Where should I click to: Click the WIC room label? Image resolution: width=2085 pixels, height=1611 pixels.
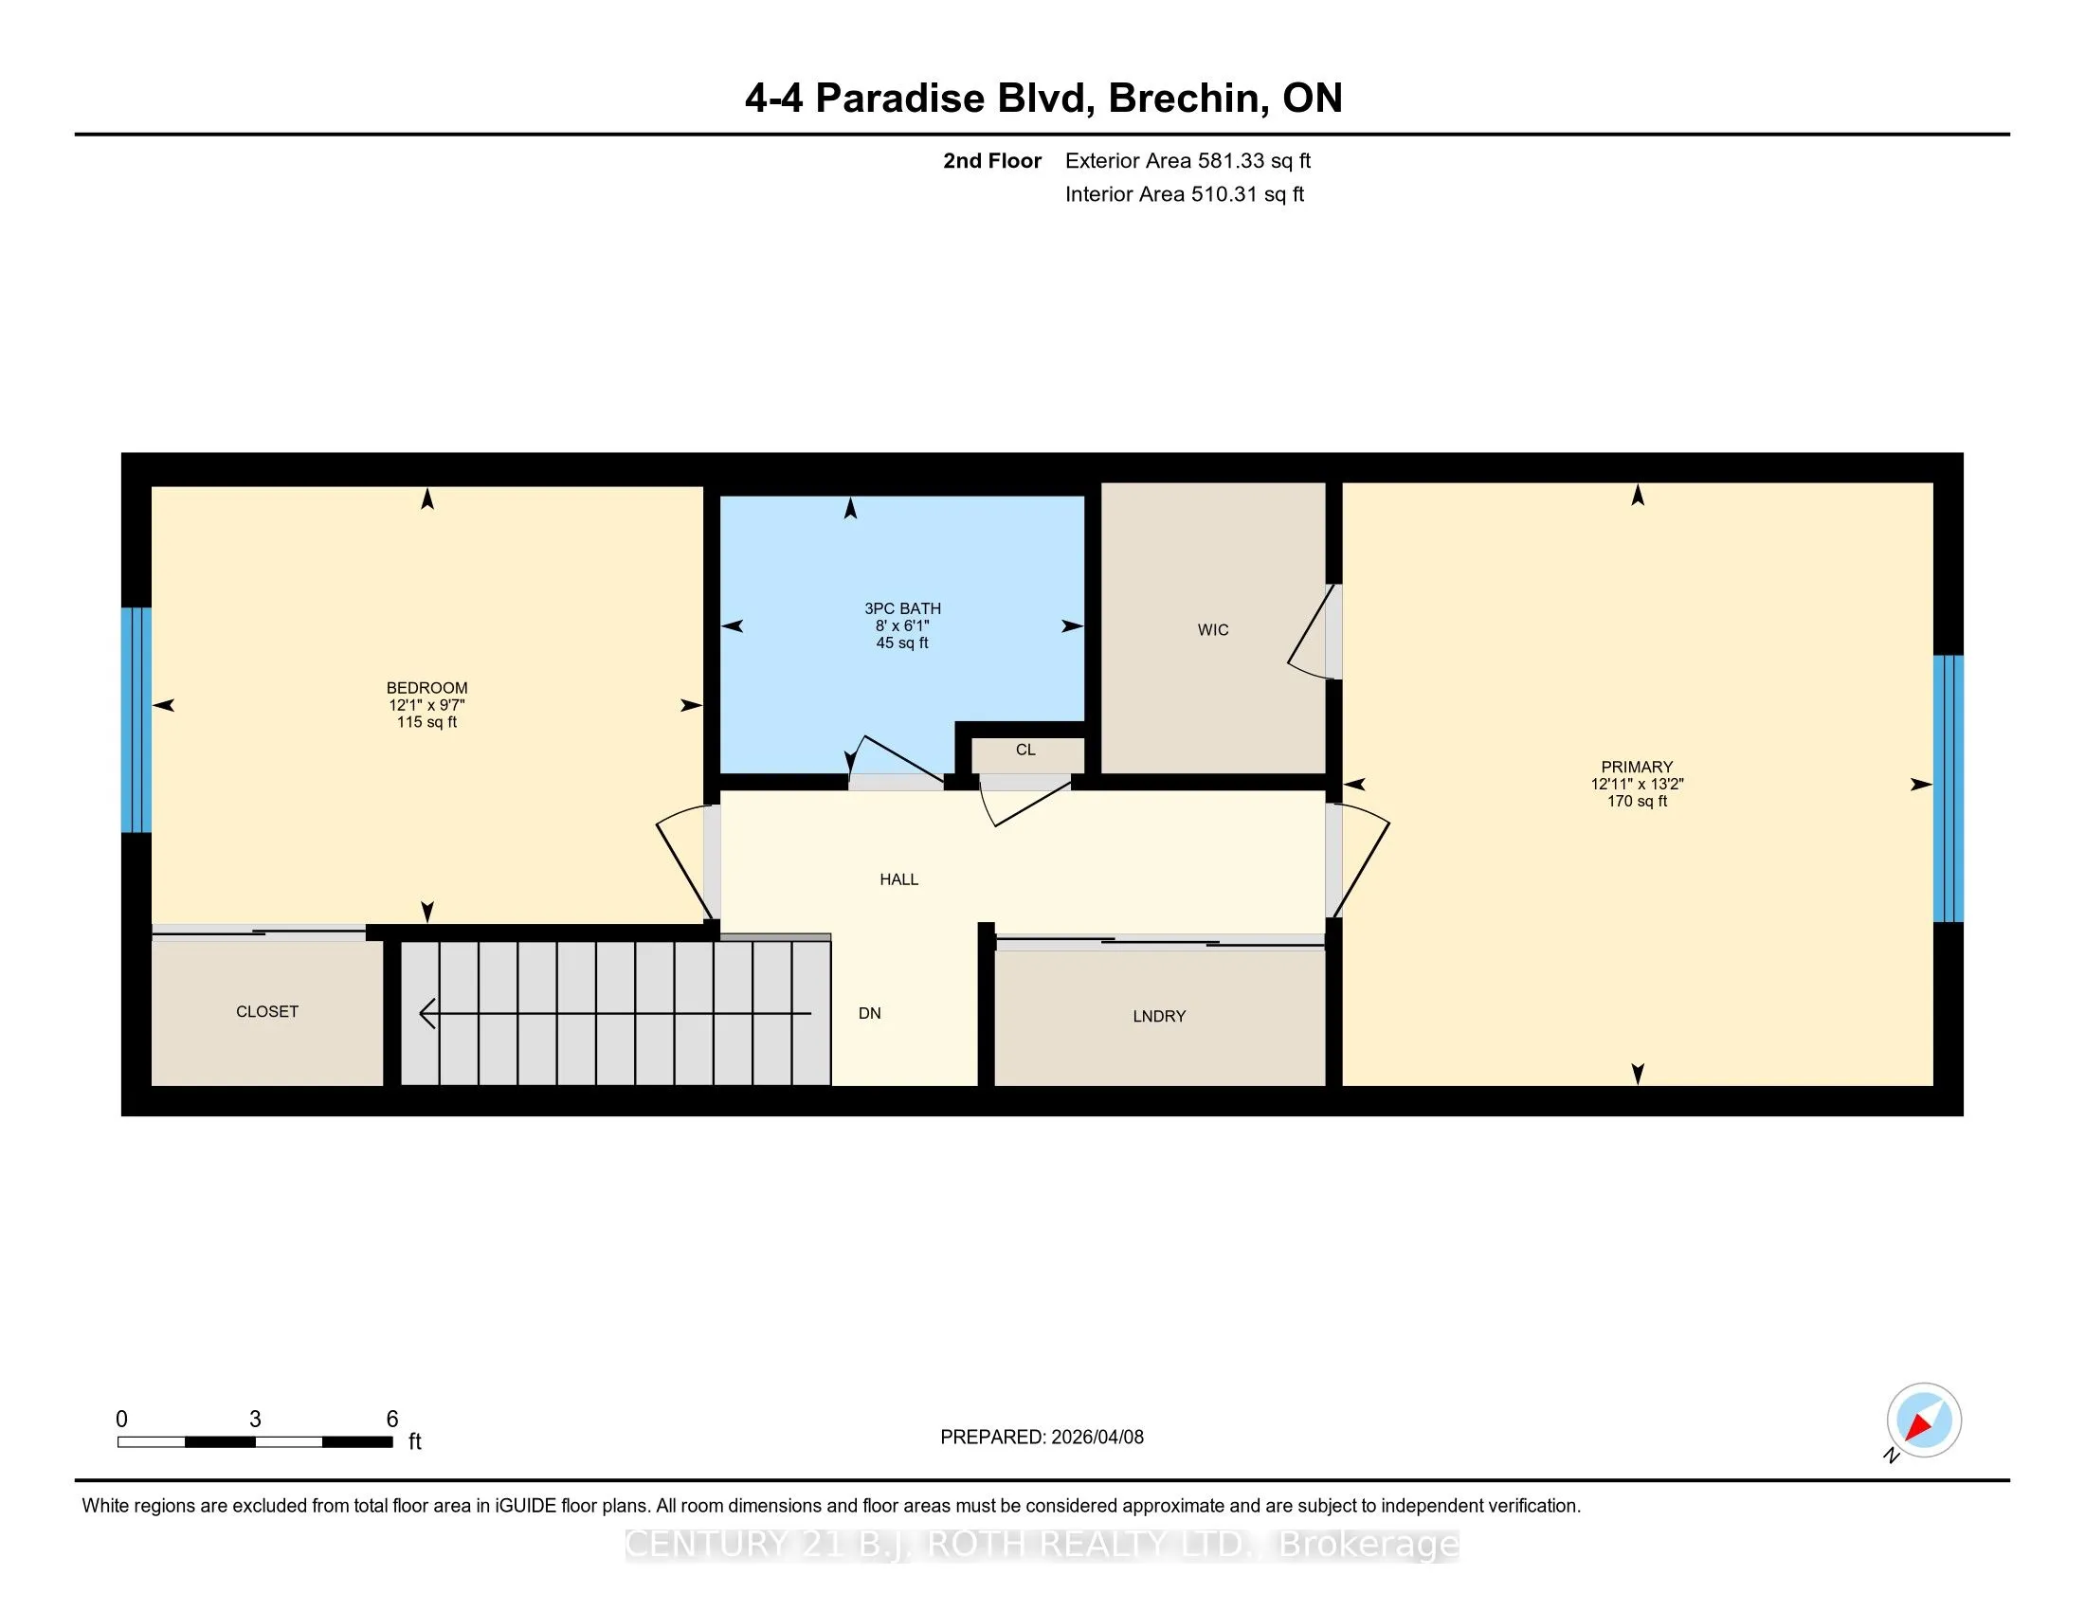click(x=1212, y=630)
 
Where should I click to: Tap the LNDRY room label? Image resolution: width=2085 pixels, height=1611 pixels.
click(x=1159, y=1017)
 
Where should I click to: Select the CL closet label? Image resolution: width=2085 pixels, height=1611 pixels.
click(x=1025, y=751)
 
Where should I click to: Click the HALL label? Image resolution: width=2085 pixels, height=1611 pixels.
click(x=898, y=880)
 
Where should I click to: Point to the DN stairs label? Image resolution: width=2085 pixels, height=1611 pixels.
click(x=869, y=1014)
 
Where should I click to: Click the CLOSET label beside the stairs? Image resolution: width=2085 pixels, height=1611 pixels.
click(x=267, y=1012)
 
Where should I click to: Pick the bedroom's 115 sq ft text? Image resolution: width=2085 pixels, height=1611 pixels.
click(x=426, y=722)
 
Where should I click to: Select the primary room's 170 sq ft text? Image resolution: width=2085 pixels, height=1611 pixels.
click(x=1637, y=802)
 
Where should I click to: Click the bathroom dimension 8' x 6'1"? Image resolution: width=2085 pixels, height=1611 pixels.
click(x=902, y=626)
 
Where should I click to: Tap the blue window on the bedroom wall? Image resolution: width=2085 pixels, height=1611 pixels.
click(x=136, y=720)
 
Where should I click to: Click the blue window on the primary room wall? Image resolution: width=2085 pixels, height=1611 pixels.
click(x=1948, y=788)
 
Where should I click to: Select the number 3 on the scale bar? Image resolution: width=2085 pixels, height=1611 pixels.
click(x=255, y=1420)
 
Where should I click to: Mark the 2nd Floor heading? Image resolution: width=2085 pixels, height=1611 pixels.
click(x=992, y=161)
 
